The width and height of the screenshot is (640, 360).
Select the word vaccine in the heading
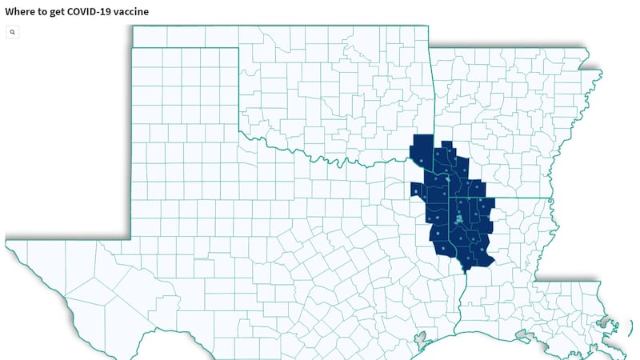coord(132,12)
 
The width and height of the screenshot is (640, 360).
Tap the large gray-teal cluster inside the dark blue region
coord(459,218)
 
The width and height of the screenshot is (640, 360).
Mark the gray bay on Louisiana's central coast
coord(523,334)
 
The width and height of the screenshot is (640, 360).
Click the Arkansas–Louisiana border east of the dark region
coord(520,198)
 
